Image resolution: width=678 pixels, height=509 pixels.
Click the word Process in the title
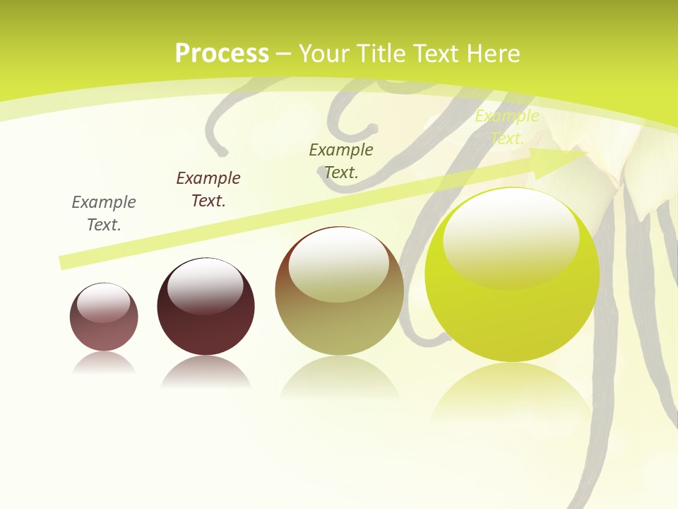click(222, 54)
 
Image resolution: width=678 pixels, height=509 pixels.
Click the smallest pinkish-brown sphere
click(104, 317)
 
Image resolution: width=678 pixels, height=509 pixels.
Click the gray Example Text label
click(104, 213)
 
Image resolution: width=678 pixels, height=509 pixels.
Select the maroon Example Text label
click(208, 189)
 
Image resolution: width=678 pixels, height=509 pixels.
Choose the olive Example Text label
click(341, 160)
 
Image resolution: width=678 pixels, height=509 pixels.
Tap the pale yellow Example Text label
click(507, 127)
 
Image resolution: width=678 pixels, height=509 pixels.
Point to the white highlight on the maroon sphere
click(205, 286)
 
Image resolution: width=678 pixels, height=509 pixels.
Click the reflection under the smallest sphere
click(104, 363)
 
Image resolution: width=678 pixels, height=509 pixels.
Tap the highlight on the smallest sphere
click(104, 303)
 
